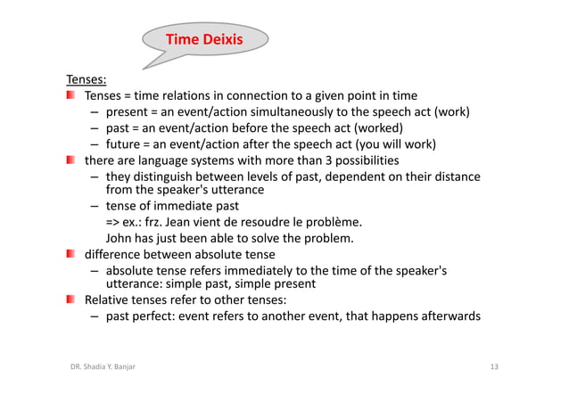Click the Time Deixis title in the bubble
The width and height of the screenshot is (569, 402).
tap(204, 39)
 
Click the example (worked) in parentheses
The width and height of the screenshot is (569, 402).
tap(380, 128)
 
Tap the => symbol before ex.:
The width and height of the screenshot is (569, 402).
tap(114, 222)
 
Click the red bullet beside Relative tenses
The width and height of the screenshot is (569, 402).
tap(70, 299)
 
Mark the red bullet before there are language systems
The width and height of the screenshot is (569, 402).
tap(70, 160)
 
